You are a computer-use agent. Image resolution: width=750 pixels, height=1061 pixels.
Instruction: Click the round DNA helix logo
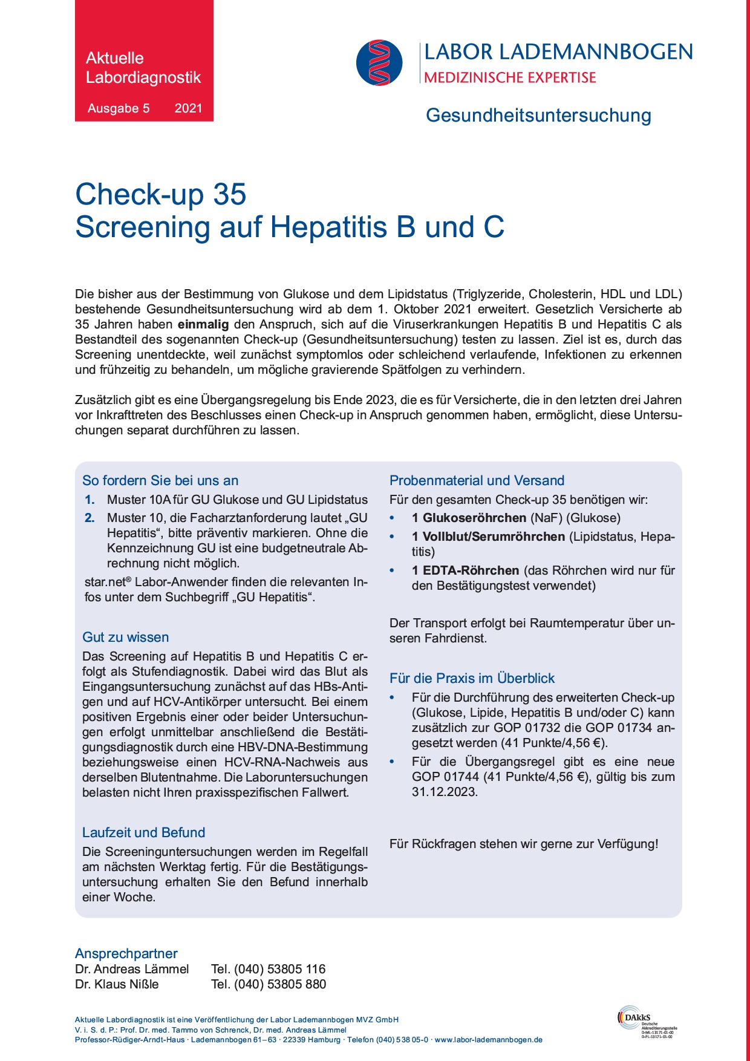(379, 62)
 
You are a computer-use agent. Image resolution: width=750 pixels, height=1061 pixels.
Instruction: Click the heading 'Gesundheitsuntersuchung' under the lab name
(538, 115)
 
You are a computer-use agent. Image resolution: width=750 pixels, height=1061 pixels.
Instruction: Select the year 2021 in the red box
(188, 108)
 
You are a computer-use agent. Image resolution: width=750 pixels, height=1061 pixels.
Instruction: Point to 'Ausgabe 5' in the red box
(119, 108)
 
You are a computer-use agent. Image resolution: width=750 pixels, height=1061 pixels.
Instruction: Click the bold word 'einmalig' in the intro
(203, 324)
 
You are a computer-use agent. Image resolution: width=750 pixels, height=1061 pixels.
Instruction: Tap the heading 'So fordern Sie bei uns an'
(160, 480)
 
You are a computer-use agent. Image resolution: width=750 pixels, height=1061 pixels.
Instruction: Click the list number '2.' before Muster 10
(90, 518)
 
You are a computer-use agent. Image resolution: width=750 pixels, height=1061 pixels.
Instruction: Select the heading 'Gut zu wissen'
(126, 637)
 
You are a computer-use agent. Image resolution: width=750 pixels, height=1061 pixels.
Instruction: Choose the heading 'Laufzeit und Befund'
(144, 832)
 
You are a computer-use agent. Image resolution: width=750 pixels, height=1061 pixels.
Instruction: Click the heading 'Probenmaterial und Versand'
(477, 480)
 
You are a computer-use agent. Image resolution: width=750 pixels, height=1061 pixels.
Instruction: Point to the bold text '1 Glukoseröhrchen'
(469, 518)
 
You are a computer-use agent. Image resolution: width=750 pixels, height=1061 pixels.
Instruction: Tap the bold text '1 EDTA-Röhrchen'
(465, 570)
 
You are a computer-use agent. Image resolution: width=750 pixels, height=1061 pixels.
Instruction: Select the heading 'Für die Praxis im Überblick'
(472, 678)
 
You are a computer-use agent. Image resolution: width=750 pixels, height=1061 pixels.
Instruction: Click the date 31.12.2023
(445, 792)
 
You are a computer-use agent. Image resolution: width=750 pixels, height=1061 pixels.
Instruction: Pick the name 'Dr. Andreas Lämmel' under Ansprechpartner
(132, 969)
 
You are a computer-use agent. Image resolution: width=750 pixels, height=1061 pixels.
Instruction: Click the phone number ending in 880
(269, 984)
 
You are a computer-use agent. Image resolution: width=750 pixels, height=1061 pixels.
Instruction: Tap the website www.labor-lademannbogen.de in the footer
(488, 1040)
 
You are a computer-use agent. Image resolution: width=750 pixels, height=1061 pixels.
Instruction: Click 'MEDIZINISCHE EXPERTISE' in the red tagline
(510, 77)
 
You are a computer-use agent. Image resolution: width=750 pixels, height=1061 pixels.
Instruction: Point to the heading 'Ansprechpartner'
(126, 953)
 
